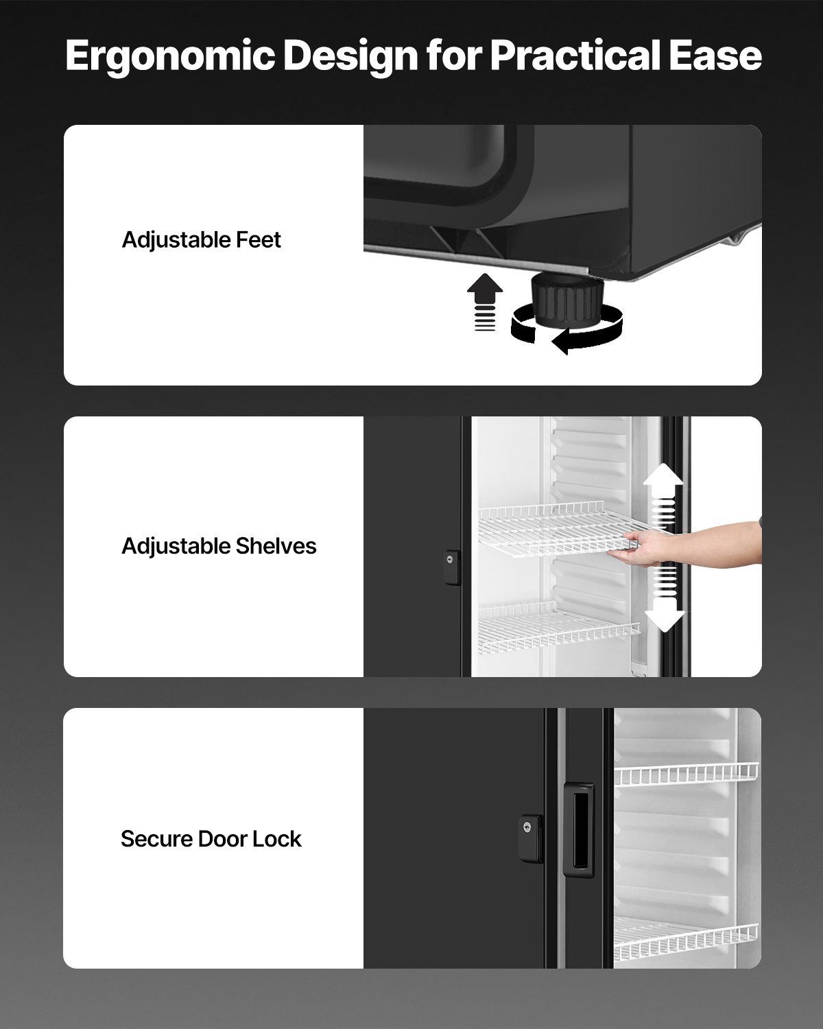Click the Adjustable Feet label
(201, 240)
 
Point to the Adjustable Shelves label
(219, 546)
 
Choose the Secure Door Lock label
(211, 839)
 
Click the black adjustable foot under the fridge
(566, 300)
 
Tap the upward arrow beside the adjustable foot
(485, 292)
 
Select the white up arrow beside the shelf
(663, 484)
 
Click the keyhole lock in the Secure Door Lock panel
(529, 833)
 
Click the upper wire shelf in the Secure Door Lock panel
(686, 774)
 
